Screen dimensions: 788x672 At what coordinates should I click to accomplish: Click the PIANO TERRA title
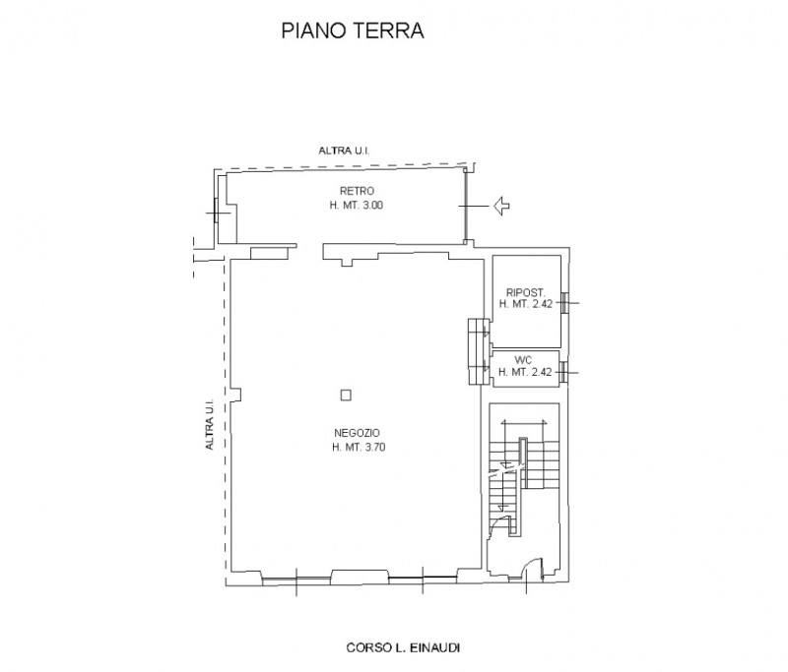click(353, 31)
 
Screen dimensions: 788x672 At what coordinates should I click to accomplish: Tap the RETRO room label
click(357, 191)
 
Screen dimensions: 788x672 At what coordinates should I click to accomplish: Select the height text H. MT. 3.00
click(357, 205)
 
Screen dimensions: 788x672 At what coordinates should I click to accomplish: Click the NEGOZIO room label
click(357, 433)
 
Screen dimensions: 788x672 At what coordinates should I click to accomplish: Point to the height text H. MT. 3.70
click(359, 447)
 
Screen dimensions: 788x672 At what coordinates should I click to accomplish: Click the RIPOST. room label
click(526, 292)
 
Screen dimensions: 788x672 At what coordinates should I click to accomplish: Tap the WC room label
click(523, 360)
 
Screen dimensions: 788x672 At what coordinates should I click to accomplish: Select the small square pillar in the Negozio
click(346, 396)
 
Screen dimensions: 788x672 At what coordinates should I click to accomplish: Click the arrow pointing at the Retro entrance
click(502, 206)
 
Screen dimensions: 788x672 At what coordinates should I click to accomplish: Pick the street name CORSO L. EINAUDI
click(403, 648)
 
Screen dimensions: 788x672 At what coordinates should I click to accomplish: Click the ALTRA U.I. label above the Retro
click(344, 151)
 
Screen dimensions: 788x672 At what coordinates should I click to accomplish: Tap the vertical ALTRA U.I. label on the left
click(210, 424)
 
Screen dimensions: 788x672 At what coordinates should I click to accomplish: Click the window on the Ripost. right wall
click(564, 303)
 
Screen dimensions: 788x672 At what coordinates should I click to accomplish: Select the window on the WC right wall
click(564, 372)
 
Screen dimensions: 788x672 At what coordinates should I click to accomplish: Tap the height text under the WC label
click(525, 372)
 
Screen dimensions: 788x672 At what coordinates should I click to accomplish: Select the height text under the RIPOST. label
click(526, 304)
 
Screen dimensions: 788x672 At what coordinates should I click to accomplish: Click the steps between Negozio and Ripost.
click(479, 351)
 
